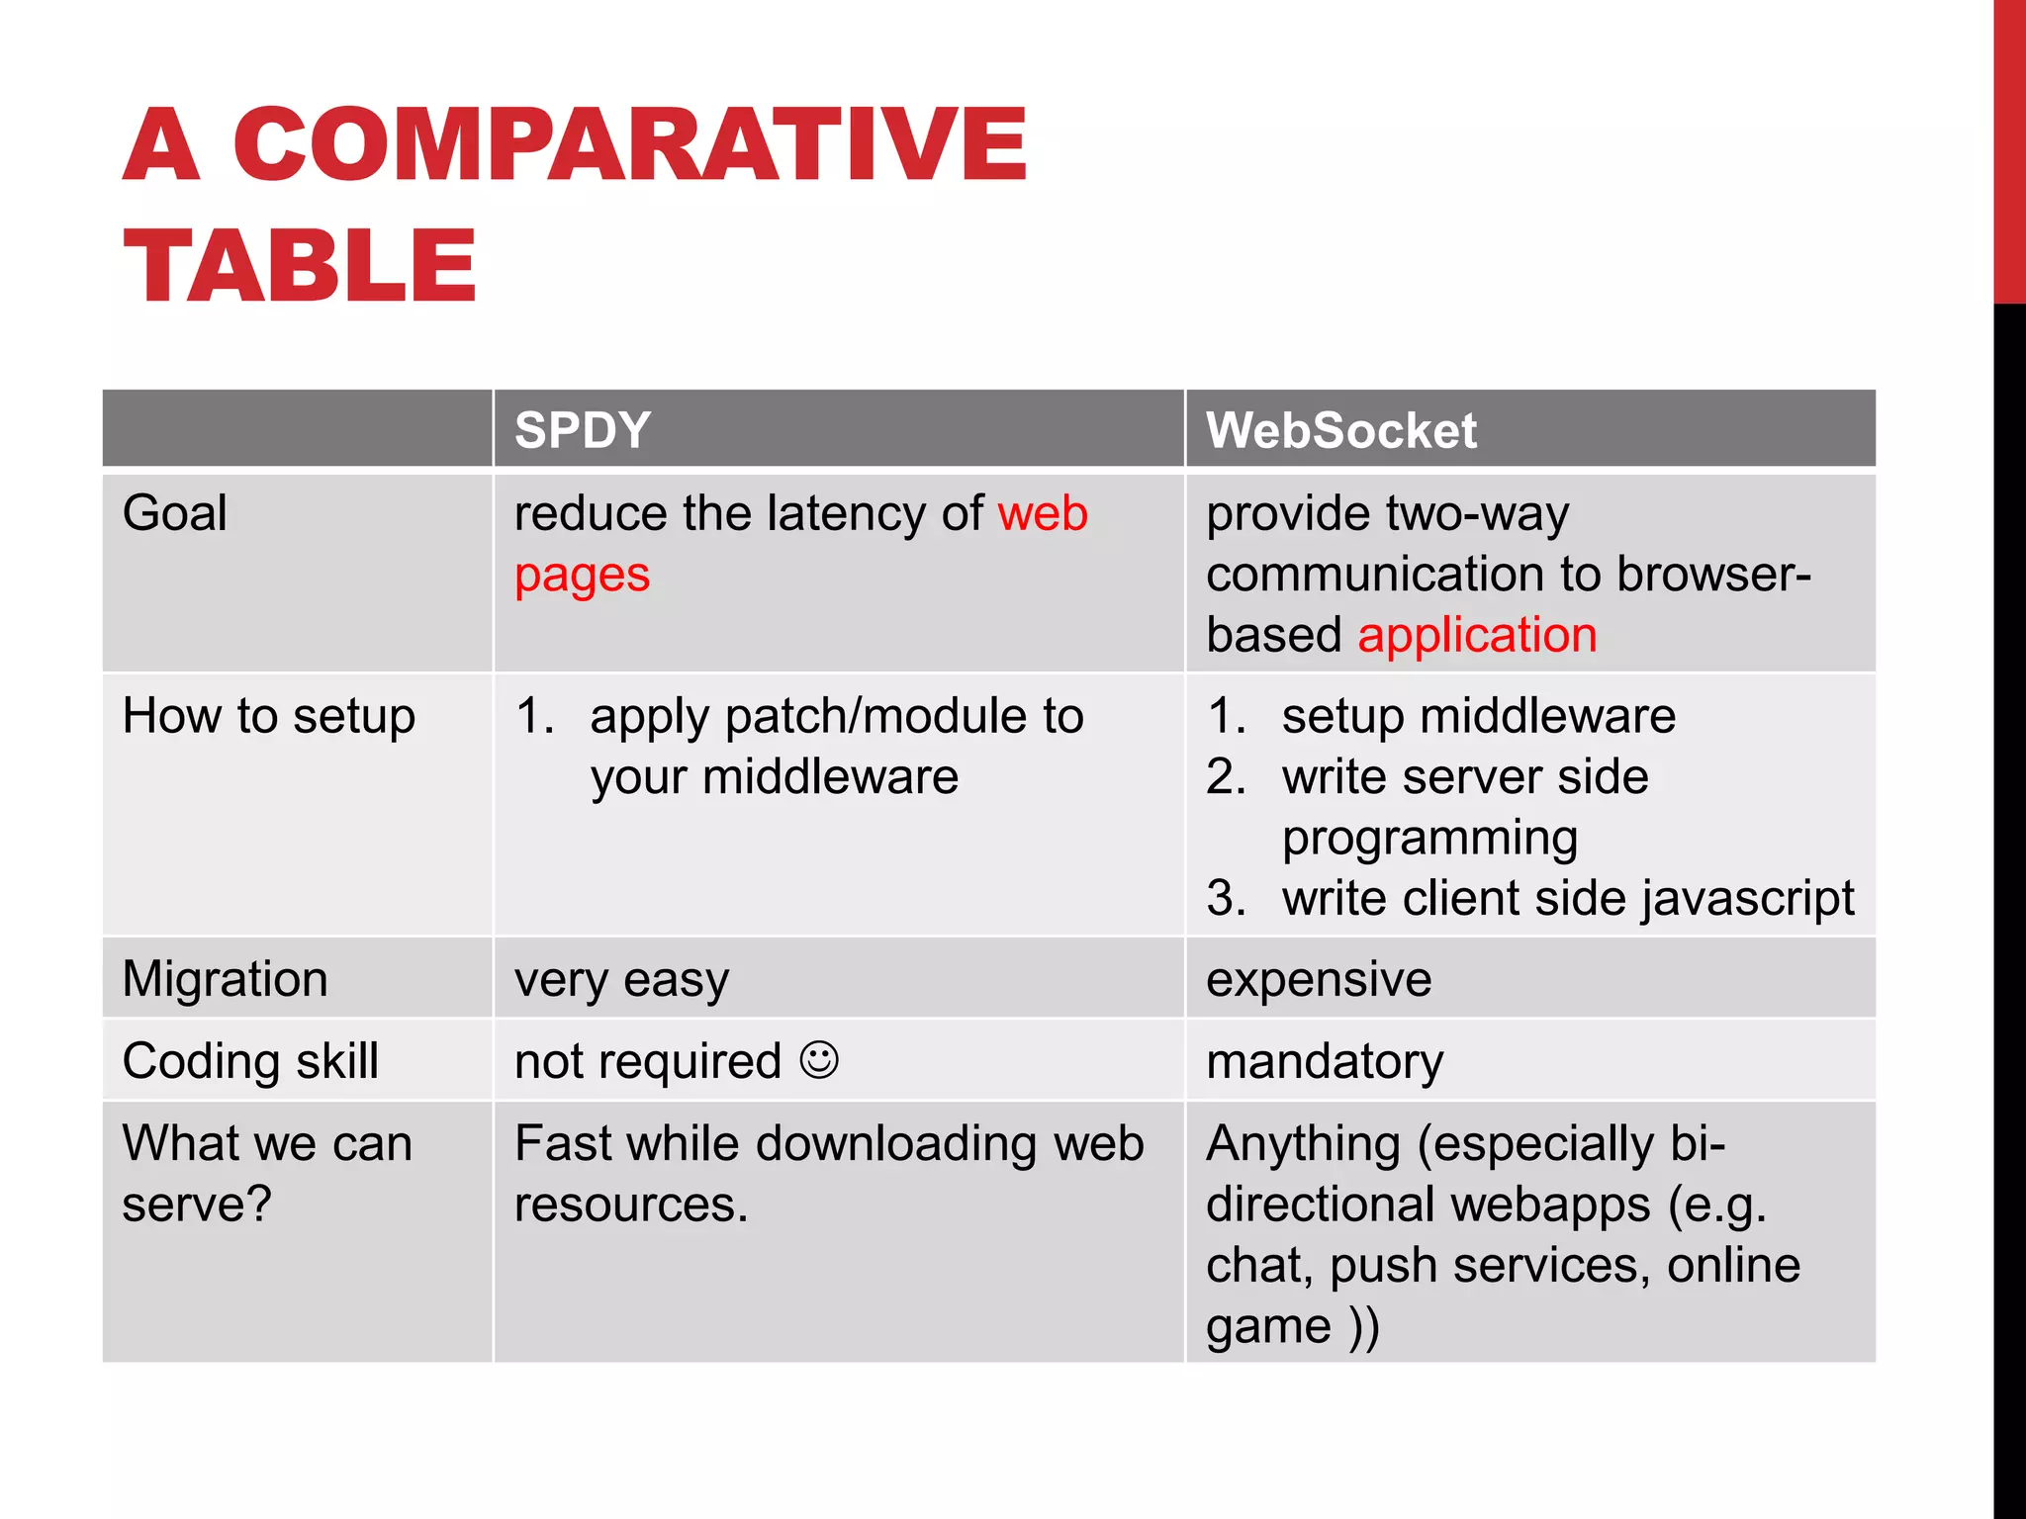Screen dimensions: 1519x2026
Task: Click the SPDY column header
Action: pyautogui.click(x=582, y=431)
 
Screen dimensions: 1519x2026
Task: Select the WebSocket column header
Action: pyautogui.click(x=1340, y=431)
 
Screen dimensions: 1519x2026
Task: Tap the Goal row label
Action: pyautogui.click(x=175, y=513)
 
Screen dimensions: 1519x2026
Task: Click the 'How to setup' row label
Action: pyautogui.click(x=269, y=716)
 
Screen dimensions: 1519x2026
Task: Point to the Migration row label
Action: pyautogui.click(x=226, y=979)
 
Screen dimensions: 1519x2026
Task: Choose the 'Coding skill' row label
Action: pyautogui.click(x=250, y=1061)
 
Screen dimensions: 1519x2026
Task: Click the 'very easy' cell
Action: pyautogui.click(x=621, y=980)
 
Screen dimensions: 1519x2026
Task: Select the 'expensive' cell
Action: pyautogui.click(x=1319, y=979)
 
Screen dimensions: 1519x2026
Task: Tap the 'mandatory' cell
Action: pyautogui.click(x=1325, y=1062)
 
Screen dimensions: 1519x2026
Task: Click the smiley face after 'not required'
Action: pyautogui.click(x=819, y=1059)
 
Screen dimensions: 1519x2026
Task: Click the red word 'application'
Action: pyautogui.click(x=1477, y=635)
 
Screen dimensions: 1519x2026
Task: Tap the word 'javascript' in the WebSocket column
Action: pyautogui.click(x=1747, y=899)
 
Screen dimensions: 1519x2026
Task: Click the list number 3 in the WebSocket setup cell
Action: pyautogui.click(x=1226, y=898)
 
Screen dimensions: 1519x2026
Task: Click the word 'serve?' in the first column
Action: pyautogui.click(x=197, y=1205)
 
